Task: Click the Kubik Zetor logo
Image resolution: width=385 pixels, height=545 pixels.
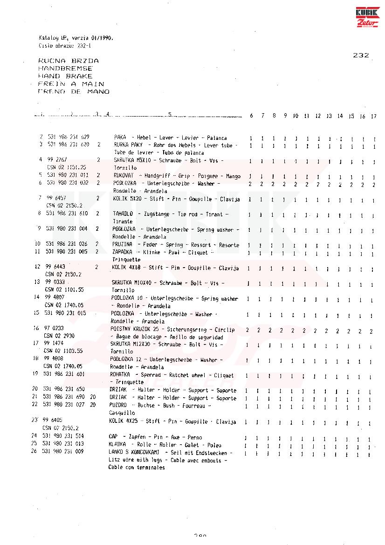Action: tap(368, 18)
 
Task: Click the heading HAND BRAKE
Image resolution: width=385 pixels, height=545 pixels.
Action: tap(65, 76)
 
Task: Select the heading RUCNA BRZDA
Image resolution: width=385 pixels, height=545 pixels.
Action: tap(68, 61)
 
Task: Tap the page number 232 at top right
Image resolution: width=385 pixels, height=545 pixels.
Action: tap(361, 55)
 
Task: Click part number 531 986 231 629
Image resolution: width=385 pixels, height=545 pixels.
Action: tap(68, 138)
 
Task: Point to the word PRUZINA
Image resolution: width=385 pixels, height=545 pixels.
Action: tap(122, 245)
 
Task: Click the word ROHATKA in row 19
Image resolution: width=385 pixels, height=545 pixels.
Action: tap(121, 375)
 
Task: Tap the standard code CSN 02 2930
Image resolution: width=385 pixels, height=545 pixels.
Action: tap(59, 336)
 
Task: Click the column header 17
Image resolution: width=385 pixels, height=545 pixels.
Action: tap(373, 116)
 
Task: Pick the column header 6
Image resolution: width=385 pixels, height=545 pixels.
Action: tap(251, 116)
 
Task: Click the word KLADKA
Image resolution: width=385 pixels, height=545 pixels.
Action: tap(117, 445)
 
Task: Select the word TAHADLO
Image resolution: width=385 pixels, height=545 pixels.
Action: tap(123, 214)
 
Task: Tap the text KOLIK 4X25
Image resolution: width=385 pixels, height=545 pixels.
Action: tap(125, 421)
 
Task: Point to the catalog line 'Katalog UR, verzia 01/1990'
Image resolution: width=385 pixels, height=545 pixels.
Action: tap(76, 38)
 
